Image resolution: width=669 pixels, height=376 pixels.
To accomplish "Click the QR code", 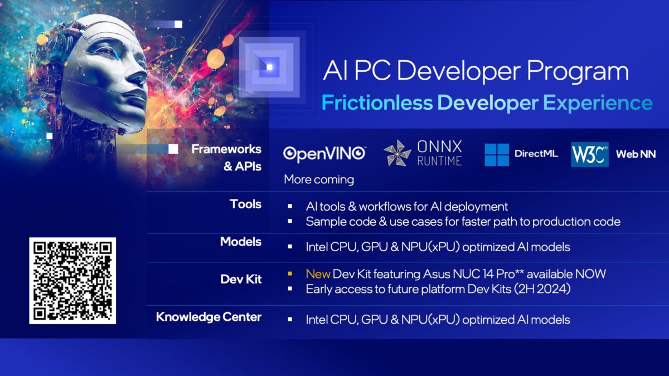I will (72, 281).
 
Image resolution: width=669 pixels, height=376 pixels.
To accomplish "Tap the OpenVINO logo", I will (324, 154).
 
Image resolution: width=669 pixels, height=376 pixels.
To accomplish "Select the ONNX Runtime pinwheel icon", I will (397, 154).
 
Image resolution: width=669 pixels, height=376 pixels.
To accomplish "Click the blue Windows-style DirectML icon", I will (497, 154).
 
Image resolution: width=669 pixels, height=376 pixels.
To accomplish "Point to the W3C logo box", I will (589, 154).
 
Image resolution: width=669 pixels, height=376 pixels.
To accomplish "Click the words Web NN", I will (636, 154).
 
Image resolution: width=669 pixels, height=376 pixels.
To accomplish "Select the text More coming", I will (319, 179).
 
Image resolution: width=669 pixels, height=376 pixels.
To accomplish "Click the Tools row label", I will (245, 204).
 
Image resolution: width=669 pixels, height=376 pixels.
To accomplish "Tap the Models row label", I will (241, 242).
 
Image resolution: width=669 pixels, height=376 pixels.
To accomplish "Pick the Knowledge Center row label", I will (209, 317).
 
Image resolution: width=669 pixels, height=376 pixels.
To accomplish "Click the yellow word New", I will (318, 274).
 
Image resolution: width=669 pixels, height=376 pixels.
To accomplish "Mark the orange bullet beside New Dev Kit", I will (290, 274).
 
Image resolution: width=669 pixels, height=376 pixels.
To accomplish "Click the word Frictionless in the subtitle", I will (377, 103).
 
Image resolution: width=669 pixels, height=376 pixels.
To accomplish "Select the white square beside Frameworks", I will (173, 149).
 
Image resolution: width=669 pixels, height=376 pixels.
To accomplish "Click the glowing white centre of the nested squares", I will (270, 67).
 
